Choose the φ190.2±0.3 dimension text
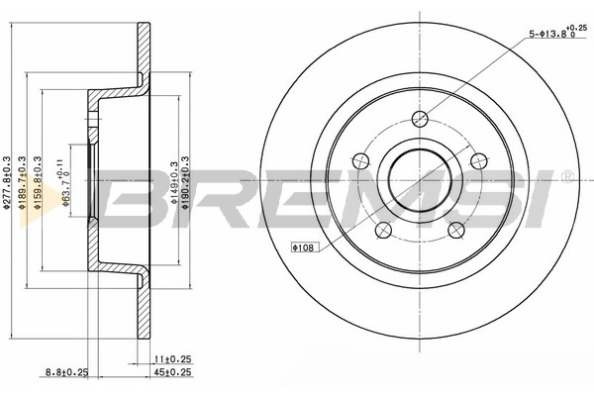(190, 183)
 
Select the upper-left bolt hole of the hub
(361, 160)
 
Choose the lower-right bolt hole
(456, 229)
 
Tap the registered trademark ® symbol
(565, 176)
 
